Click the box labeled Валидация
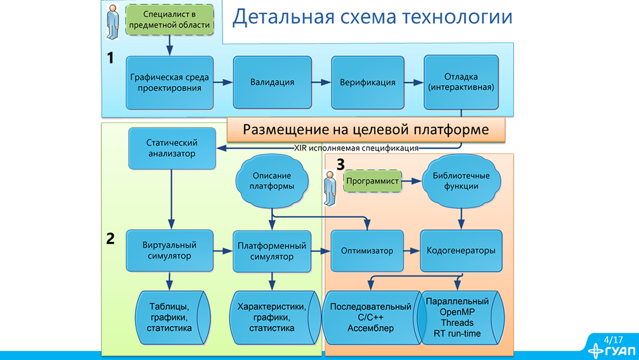pos(272,83)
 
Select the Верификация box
pos(367,83)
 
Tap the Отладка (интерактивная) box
pos(461,82)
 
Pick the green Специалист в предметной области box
pos(169,20)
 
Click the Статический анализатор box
pos(171,148)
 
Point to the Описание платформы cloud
pos(272,182)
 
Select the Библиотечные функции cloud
pos(461,182)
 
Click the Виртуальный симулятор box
pos(169,251)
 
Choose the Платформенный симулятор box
pos(272,251)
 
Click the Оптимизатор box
pos(367,251)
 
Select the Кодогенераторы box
pos(461,251)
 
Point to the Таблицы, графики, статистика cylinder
pos(169,317)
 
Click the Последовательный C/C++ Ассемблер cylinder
pos(370,317)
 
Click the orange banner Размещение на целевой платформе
pos(366,130)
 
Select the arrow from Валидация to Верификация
pos(321,83)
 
